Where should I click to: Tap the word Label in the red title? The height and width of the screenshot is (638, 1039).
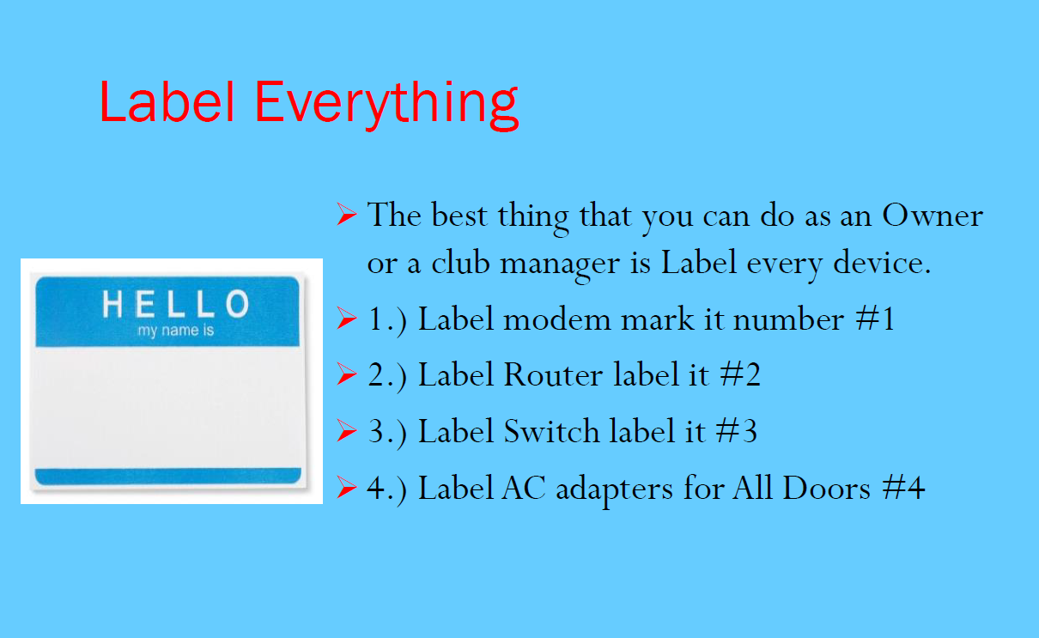(167, 101)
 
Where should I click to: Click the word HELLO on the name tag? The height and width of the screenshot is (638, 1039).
(176, 304)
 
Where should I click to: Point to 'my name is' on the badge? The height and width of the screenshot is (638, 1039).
(176, 331)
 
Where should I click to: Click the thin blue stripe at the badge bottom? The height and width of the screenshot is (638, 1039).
(168, 476)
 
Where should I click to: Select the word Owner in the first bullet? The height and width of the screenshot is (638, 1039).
(932, 216)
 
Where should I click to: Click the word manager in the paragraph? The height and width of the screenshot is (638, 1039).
(559, 264)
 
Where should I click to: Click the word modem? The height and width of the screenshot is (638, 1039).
(556, 319)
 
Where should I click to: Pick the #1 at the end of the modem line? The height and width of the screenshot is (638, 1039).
(875, 319)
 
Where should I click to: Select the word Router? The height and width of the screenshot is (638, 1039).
(553, 374)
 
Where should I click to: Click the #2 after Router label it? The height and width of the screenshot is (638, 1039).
(740, 374)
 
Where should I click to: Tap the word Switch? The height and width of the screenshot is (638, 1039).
(551, 431)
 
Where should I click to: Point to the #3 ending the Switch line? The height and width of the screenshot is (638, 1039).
(737, 431)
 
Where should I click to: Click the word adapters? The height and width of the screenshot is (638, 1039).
(614, 489)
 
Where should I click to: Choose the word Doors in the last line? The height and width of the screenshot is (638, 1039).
(827, 488)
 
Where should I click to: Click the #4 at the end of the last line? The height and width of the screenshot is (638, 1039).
(903, 488)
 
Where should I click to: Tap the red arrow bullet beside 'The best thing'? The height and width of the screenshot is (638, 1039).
(347, 214)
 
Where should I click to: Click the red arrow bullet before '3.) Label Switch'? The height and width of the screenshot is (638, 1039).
(347, 430)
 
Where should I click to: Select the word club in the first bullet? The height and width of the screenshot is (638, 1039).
(460, 262)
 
